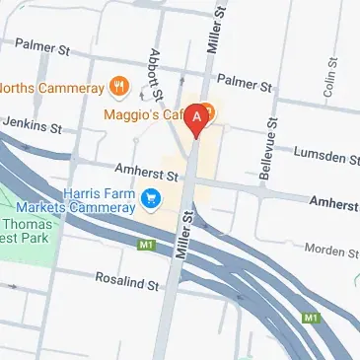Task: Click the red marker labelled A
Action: [197, 118]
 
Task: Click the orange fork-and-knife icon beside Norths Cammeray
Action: [120, 87]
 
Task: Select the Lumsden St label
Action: [327, 157]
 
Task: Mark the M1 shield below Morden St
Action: [312, 318]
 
